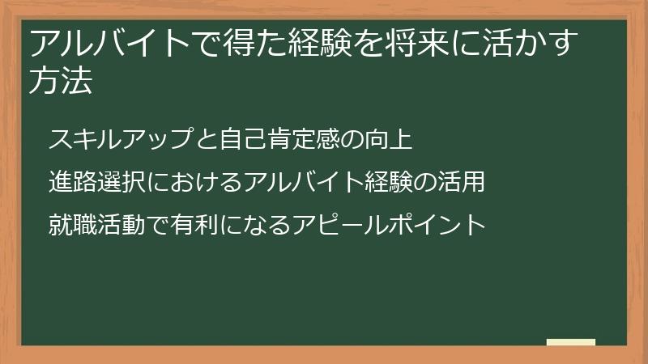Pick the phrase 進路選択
coord(97,181)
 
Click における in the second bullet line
coord(194,181)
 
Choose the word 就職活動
coord(97,222)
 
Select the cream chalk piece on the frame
coord(571,343)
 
